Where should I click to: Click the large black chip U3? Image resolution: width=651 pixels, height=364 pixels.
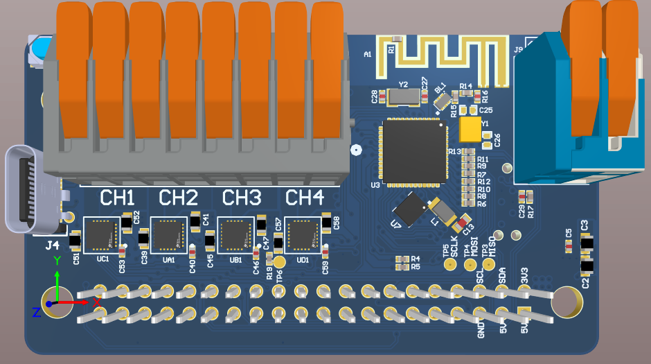[x=413, y=152]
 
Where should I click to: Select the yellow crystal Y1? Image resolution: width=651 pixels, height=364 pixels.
[x=470, y=130]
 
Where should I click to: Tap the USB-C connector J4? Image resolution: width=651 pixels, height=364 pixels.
[x=31, y=189]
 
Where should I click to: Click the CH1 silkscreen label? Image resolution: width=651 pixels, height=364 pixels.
[x=118, y=198]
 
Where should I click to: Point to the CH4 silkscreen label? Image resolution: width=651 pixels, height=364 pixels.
[x=305, y=198]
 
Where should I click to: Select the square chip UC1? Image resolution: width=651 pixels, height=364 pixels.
[x=102, y=234]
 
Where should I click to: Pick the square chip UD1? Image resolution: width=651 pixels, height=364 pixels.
[x=303, y=234]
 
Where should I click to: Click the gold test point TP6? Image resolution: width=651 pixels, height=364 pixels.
[x=279, y=261]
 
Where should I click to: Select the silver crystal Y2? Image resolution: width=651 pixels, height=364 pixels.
[x=403, y=96]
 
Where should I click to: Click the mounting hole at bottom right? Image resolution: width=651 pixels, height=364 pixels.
[x=566, y=301]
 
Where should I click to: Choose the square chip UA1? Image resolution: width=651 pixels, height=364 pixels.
[x=169, y=234]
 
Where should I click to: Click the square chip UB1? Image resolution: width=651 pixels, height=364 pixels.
[x=236, y=234]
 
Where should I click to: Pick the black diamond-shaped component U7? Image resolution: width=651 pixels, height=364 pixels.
[x=409, y=209]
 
